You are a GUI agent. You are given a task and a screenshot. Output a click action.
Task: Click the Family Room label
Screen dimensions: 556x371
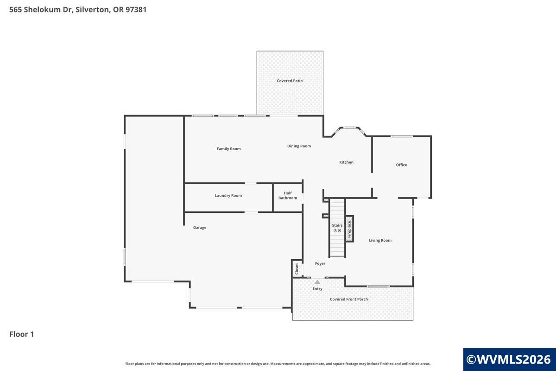pos(228,149)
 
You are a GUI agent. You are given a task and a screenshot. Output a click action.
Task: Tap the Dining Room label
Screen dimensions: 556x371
pos(299,146)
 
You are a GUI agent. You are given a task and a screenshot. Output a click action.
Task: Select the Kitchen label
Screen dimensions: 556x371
pos(346,162)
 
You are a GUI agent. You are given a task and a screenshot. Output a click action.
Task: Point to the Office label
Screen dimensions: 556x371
pos(401,165)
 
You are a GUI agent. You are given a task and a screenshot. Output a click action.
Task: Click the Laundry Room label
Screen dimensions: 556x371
pos(228,196)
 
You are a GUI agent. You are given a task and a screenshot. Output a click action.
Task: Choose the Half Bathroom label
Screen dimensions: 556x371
pos(288,195)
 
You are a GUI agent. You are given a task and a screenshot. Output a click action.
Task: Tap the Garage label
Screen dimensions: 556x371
pos(200,228)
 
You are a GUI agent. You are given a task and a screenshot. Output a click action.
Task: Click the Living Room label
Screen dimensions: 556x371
pos(380,240)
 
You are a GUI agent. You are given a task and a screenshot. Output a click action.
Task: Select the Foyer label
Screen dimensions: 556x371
pos(320,263)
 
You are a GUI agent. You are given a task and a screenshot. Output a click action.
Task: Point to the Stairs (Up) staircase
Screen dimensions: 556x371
pos(337,228)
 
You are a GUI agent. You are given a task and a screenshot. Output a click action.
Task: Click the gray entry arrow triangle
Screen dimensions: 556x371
pos(317,282)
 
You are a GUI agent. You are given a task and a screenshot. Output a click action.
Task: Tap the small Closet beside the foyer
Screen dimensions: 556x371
pos(297,269)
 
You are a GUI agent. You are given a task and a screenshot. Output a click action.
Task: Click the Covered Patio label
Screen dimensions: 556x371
pos(290,81)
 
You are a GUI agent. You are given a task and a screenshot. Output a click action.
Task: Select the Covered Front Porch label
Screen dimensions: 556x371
pos(349,299)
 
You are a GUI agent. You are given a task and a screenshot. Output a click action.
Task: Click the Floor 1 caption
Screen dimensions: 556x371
pos(22,334)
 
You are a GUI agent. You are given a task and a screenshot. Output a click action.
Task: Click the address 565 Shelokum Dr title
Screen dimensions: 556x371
pos(78,9)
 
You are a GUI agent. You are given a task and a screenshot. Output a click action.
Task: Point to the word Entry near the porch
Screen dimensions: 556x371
pos(317,289)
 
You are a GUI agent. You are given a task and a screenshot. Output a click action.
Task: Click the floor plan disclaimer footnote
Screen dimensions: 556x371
pos(278,364)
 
